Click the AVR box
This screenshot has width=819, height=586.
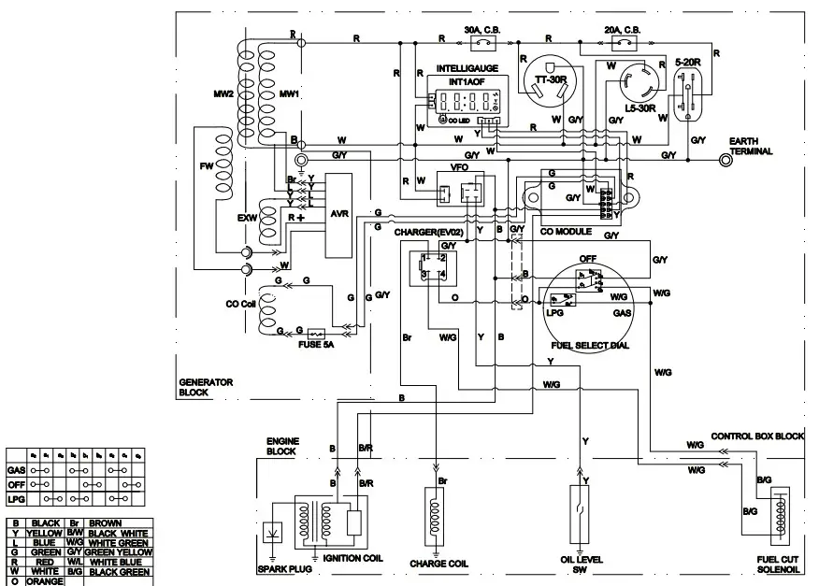[x=338, y=214]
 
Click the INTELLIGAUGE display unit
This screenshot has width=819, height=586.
[x=462, y=101]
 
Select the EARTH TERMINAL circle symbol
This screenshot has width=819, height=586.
[x=725, y=160]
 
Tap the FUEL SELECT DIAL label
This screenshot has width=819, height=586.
[x=589, y=345]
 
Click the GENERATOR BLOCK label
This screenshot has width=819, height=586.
[x=206, y=387]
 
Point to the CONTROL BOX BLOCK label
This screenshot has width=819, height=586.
[x=757, y=436]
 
